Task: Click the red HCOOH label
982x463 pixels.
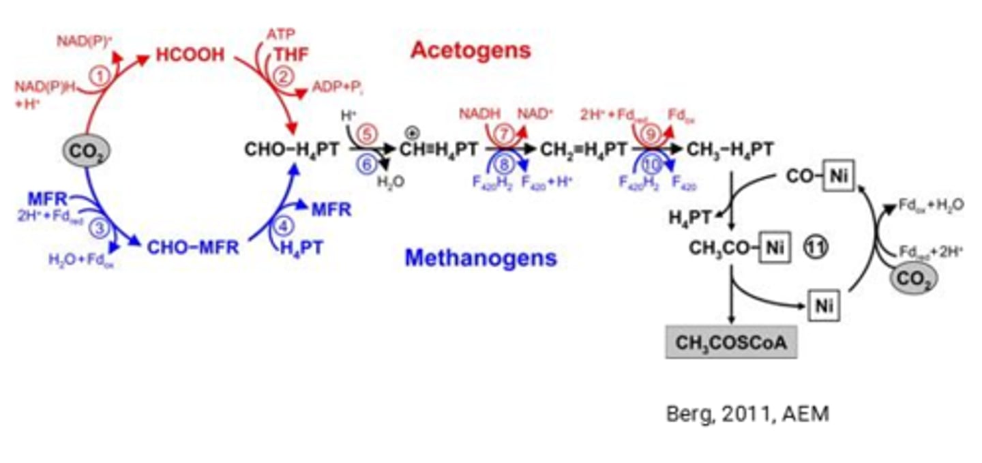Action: tap(190, 55)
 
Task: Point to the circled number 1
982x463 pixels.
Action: tap(100, 77)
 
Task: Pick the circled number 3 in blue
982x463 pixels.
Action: tap(100, 228)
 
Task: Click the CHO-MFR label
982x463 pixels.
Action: tap(193, 247)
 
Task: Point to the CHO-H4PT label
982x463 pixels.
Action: tap(291, 149)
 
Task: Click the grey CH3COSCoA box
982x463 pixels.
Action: tap(732, 342)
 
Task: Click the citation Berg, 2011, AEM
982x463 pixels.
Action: tap(747, 414)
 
